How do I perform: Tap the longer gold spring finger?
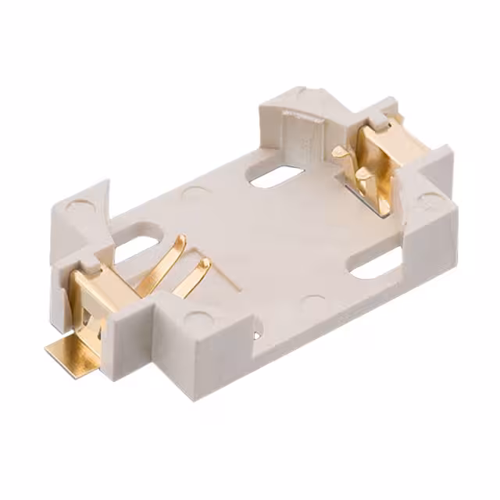(x=163, y=266)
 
